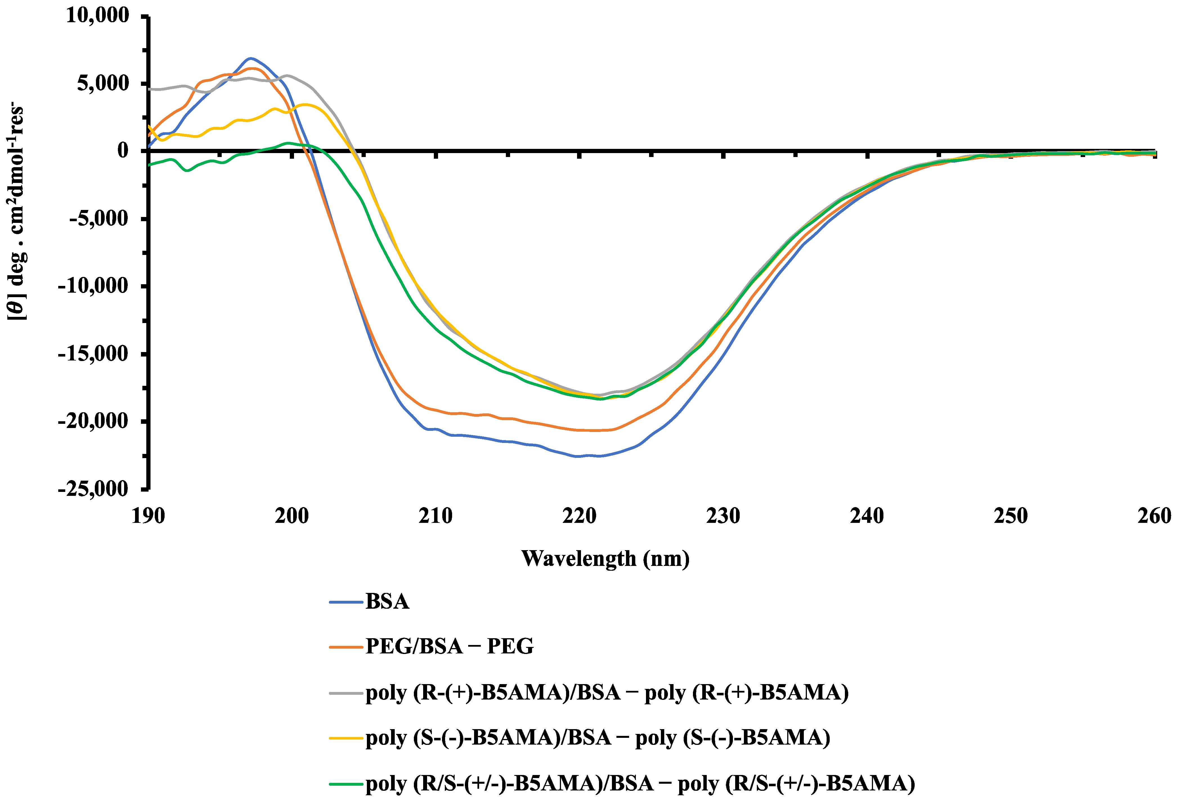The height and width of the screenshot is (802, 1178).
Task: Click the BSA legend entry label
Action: click(x=387, y=602)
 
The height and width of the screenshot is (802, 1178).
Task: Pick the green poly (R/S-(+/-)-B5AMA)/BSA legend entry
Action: click(x=640, y=783)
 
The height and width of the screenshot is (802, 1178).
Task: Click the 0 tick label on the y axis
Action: click(x=123, y=151)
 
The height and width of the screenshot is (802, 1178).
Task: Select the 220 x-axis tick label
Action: click(x=579, y=516)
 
